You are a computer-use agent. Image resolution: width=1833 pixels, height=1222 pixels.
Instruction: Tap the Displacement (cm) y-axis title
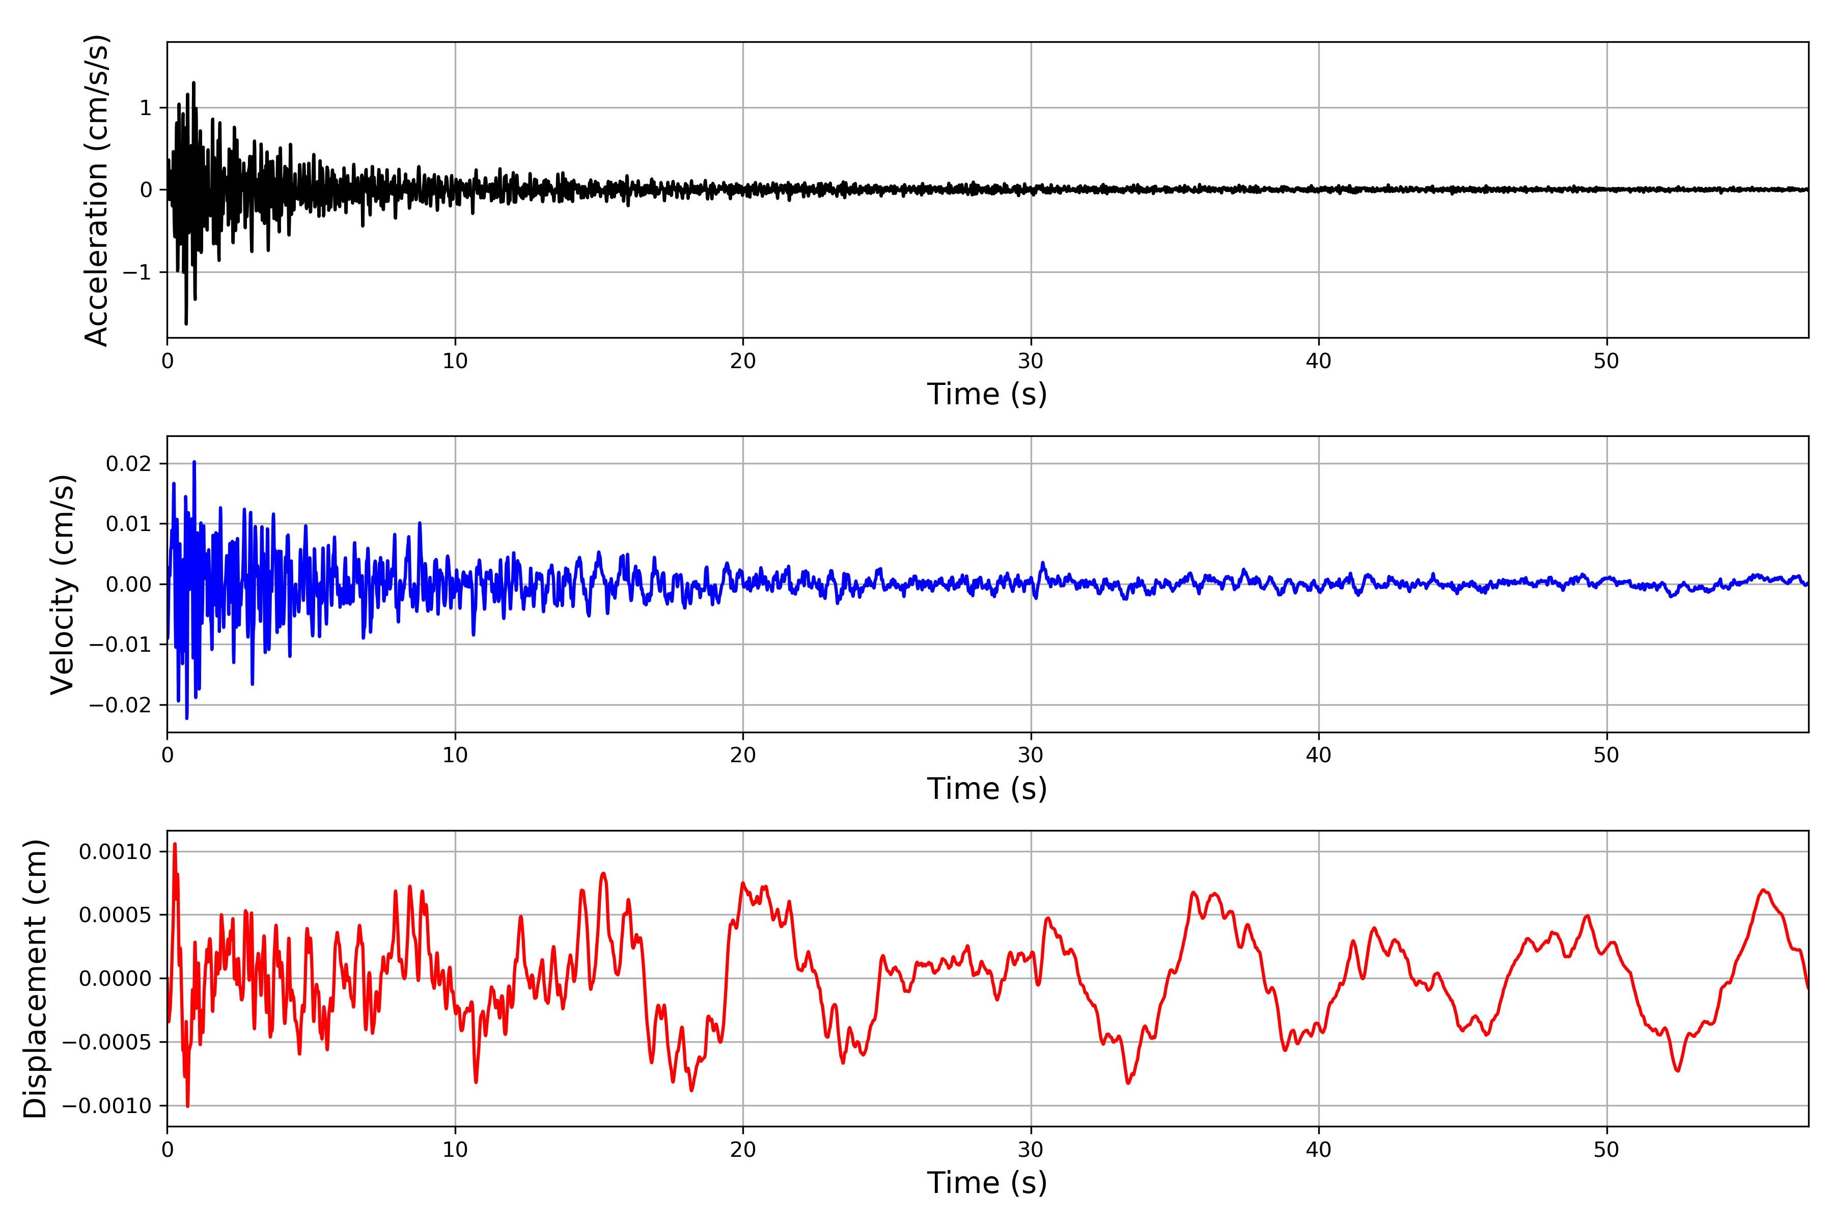(35, 978)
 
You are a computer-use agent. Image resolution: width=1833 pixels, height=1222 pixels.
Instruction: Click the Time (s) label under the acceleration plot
(987, 394)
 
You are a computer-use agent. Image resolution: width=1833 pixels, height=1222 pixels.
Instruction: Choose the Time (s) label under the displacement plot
(987, 1183)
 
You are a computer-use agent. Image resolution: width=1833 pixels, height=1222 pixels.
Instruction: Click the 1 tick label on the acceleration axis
(146, 107)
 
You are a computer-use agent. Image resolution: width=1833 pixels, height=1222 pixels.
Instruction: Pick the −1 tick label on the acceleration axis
(137, 272)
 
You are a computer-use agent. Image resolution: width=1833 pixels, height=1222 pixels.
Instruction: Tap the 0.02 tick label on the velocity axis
(129, 464)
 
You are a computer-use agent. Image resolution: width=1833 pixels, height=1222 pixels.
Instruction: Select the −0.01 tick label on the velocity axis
(120, 645)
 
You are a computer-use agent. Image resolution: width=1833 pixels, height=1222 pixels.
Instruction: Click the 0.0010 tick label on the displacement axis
(116, 851)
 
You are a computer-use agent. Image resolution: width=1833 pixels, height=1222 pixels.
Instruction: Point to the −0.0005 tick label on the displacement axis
(107, 1042)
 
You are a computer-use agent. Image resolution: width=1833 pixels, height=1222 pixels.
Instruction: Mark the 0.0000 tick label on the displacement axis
(116, 978)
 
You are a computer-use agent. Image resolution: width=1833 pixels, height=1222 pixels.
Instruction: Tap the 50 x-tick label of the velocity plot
(1606, 755)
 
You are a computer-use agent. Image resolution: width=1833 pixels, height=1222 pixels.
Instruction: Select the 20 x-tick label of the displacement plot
(743, 1150)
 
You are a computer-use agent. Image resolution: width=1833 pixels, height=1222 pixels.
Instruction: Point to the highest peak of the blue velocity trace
(194, 462)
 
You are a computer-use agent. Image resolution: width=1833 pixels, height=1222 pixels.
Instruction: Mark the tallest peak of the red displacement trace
(175, 844)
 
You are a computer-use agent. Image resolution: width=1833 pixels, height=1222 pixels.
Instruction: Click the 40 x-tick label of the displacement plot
(1319, 1150)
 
